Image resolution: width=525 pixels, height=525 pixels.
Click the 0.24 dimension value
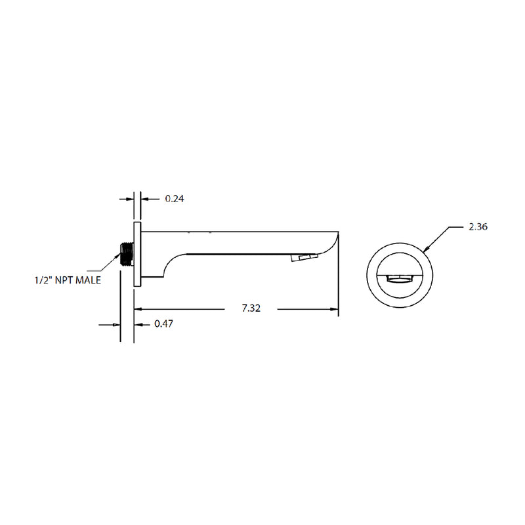click(174, 198)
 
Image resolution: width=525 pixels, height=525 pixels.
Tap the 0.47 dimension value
click(163, 324)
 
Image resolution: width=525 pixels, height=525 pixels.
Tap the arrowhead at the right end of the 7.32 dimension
click(334, 308)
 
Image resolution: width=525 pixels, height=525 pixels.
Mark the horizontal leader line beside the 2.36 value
click(458, 226)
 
